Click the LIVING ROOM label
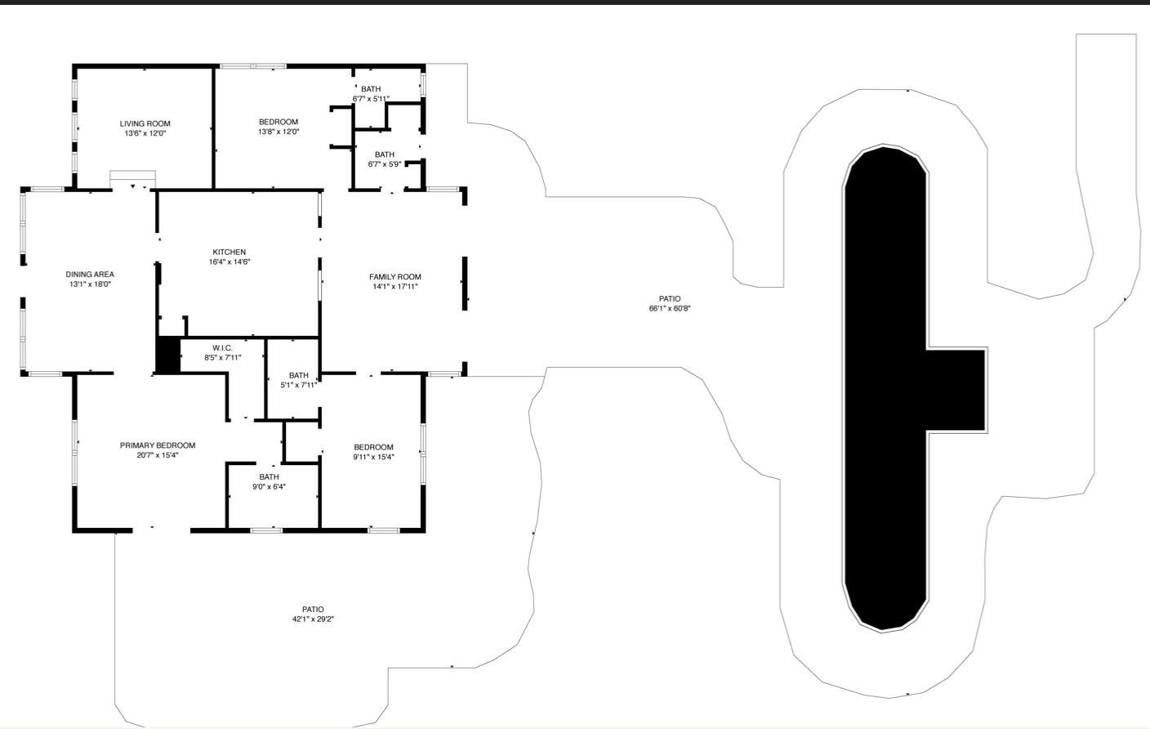point(145,123)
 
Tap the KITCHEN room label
point(229,252)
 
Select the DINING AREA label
point(90,275)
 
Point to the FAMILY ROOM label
point(394,276)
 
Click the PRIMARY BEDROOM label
point(158,445)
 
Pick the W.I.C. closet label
point(222,348)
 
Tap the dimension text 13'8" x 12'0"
point(279,132)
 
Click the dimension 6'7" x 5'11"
point(371,99)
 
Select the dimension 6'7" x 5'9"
point(385,164)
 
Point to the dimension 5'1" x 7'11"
point(299,385)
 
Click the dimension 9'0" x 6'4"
point(269,486)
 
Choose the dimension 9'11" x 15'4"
point(373,457)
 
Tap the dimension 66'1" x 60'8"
point(670,308)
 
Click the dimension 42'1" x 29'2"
point(313,619)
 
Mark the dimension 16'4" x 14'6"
point(229,262)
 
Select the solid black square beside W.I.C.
point(168,355)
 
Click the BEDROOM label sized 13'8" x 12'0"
point(279,122)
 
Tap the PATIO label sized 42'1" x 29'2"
point(313,610)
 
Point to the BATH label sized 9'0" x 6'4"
point(269,476)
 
